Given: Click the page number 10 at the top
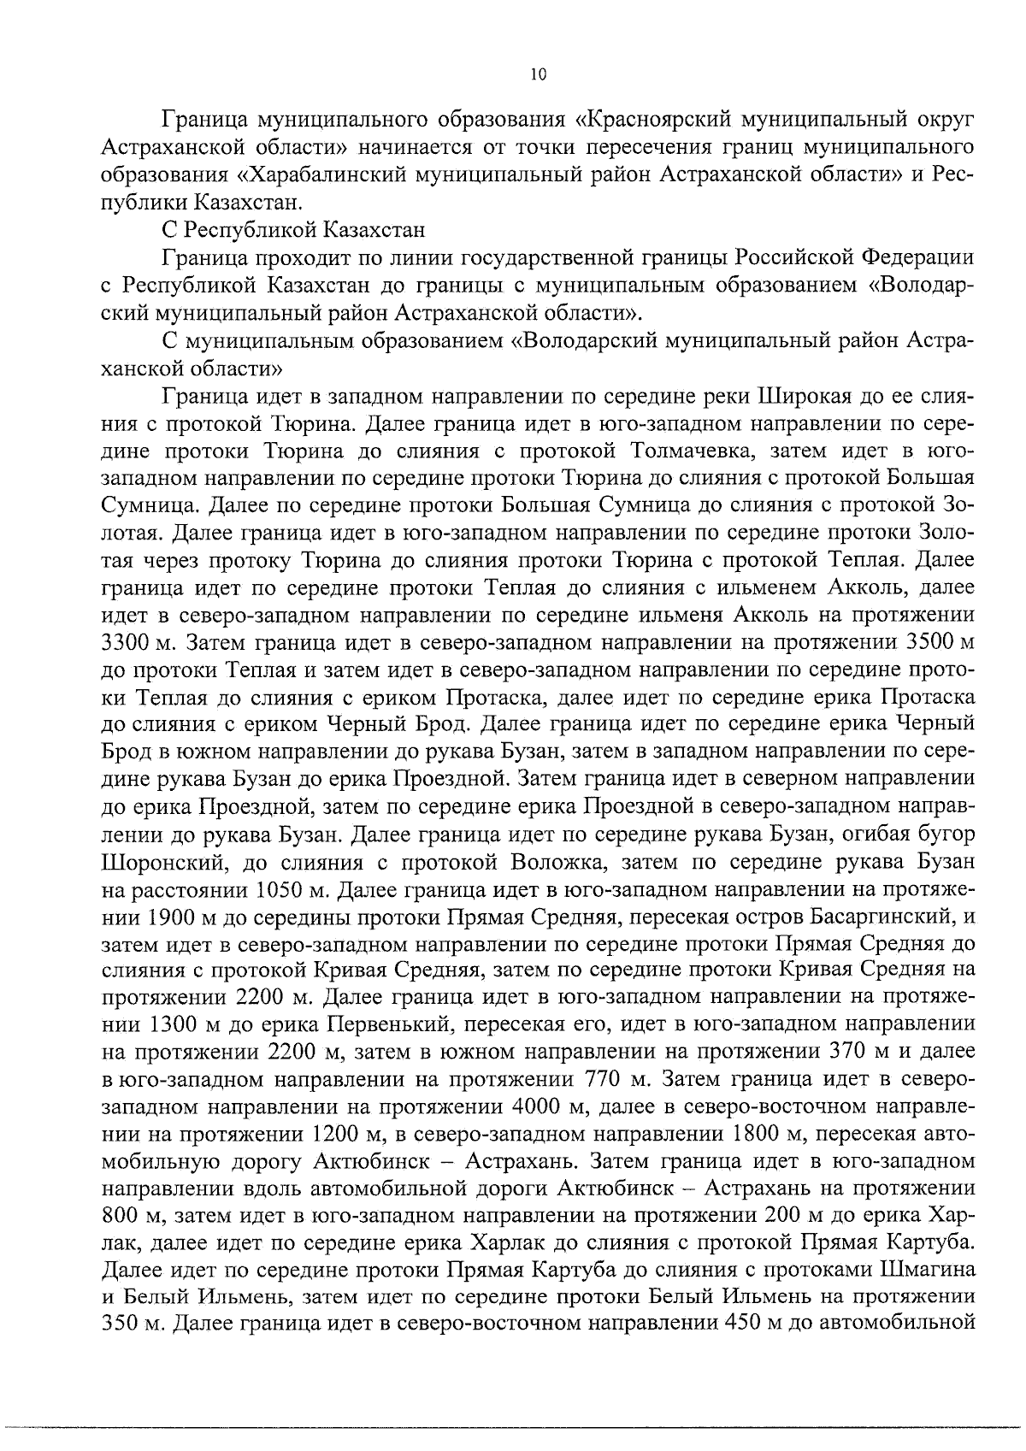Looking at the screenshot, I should [537, 74].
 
